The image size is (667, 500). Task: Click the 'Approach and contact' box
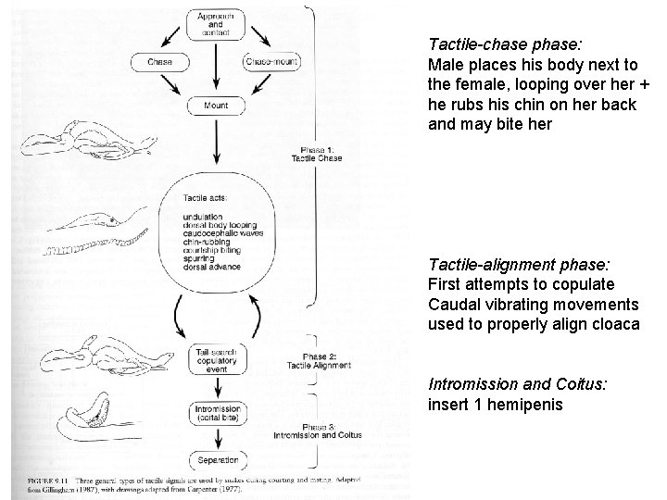pos(215,23)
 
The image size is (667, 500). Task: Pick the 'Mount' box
pos(215,106)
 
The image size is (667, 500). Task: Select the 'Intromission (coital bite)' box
pos(215,412)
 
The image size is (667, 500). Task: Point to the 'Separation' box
pos(215,460)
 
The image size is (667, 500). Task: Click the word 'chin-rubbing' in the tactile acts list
pos(208,242)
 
